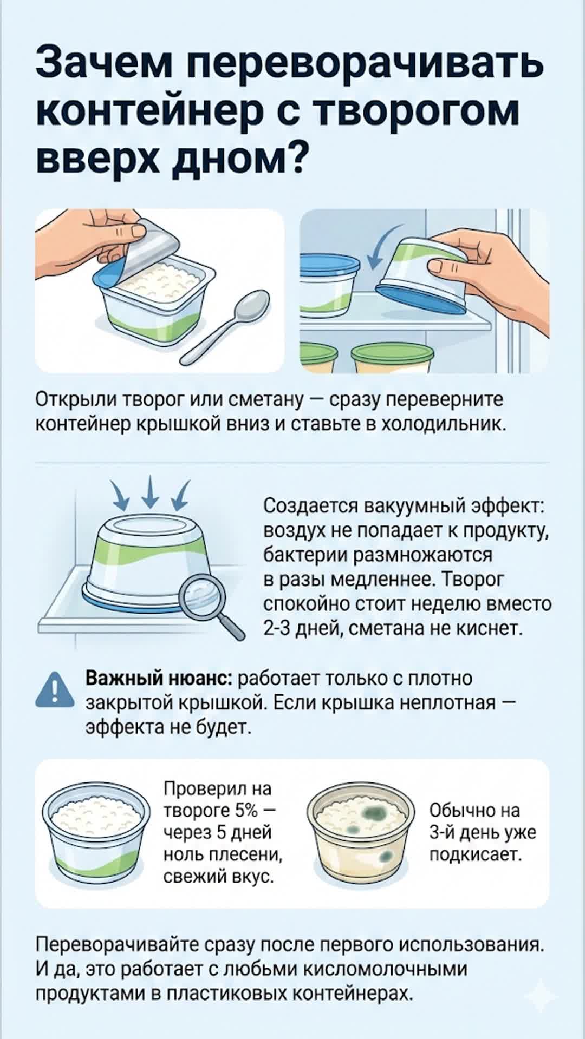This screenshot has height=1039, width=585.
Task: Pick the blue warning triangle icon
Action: tap(55, 691)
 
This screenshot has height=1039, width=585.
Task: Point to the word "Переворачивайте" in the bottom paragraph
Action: tap(118, 945)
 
